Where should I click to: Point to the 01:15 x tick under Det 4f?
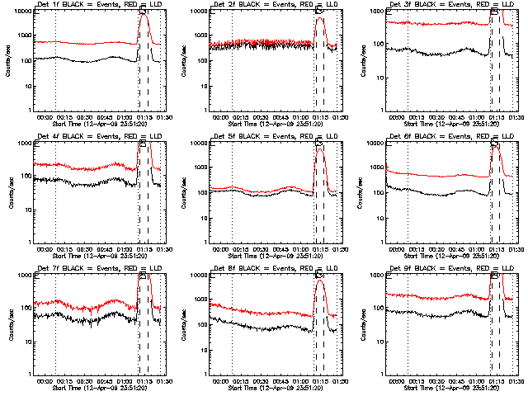pyautogui.click(x=144, y=249)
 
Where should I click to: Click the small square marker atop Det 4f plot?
pyautogui.click(x=143, y=143)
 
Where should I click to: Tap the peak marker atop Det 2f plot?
pyautogui.click(x=319, y=12)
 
